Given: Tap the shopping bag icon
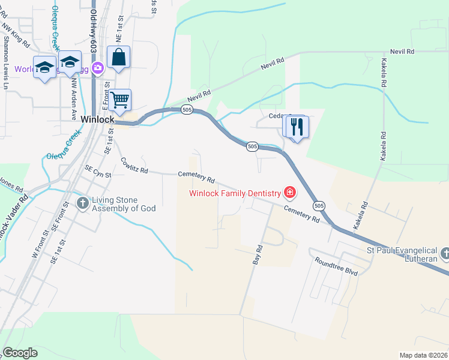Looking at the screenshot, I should [x=119, y=58].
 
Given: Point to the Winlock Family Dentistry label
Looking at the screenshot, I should [x=235, y=193].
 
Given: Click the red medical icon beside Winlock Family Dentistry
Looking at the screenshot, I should [x=290, y=193].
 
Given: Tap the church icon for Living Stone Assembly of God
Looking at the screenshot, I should [x=83, y=203].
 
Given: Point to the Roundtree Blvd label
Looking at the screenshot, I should [x=336, y=265].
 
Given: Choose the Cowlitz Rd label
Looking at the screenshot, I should [x=134, y=165].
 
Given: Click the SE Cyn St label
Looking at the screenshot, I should [x=98, y=172].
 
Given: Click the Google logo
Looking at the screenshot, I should [x=20, y=352].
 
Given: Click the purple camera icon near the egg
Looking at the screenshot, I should [x=97, y=69].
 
